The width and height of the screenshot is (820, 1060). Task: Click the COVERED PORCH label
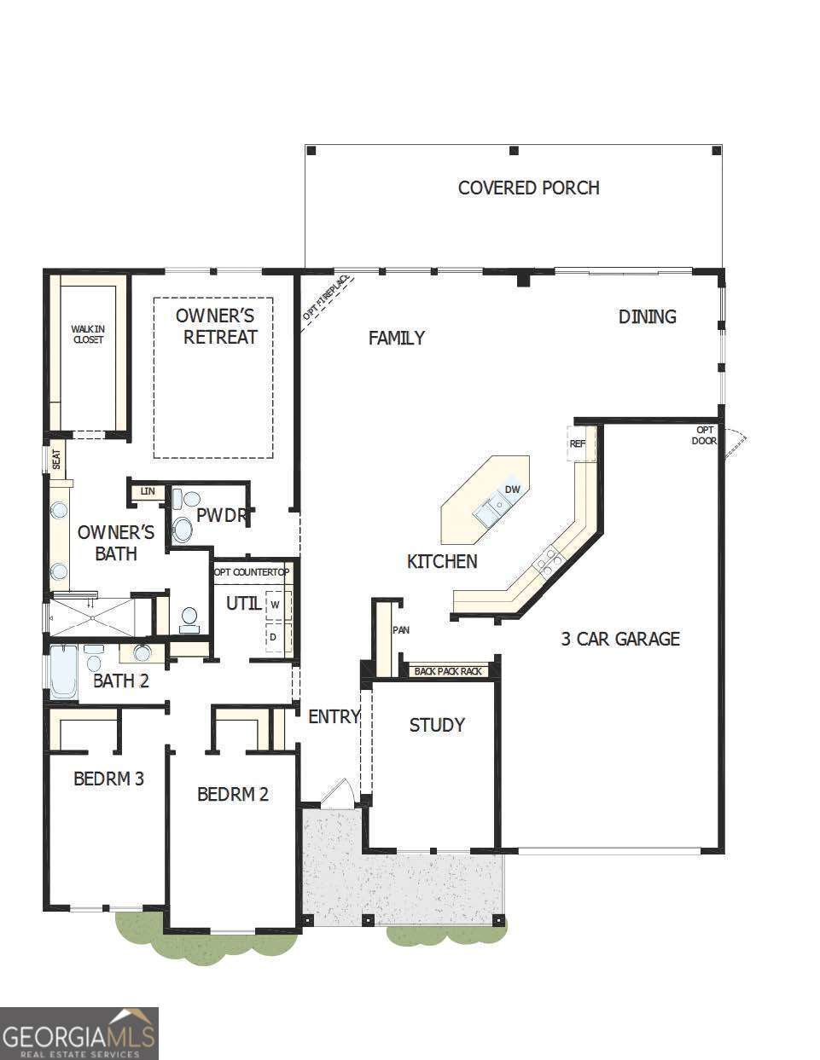point(528,188)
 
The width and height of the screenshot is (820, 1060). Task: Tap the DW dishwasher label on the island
point(512,489)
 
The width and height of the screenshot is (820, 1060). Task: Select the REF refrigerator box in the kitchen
point(579,443)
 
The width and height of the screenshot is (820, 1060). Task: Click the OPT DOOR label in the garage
point(704,435)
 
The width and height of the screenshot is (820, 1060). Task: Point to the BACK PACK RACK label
point(447,671)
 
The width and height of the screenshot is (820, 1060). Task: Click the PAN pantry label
point(400,630)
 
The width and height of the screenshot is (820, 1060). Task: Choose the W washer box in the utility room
point(276,605)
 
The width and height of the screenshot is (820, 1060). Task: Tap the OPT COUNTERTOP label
point(252,572)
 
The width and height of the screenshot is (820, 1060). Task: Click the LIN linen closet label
point(148,491)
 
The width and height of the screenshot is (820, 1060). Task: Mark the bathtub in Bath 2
point(63,672)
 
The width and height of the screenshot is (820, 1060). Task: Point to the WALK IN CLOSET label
point(87,333)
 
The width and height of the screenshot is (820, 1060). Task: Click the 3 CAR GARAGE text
point(619,639)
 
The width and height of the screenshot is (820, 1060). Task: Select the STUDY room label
point(437,725)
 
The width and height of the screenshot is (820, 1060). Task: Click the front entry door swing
point(336,792)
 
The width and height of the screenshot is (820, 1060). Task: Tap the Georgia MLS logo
point(79,1033)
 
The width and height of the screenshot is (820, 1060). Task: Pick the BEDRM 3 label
point(108,779)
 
